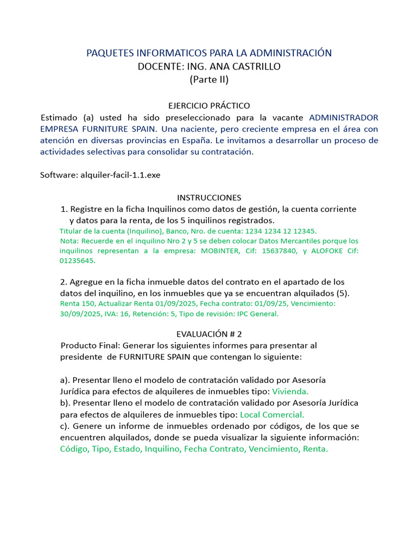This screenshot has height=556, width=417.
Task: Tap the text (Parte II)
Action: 209,80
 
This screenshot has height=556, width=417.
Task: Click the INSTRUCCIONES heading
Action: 209,198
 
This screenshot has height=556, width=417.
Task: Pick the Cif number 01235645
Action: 77,261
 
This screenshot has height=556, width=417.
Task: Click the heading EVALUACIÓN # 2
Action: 209,334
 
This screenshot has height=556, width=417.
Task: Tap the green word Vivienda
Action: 290,391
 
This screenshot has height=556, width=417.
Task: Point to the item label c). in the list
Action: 65,426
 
